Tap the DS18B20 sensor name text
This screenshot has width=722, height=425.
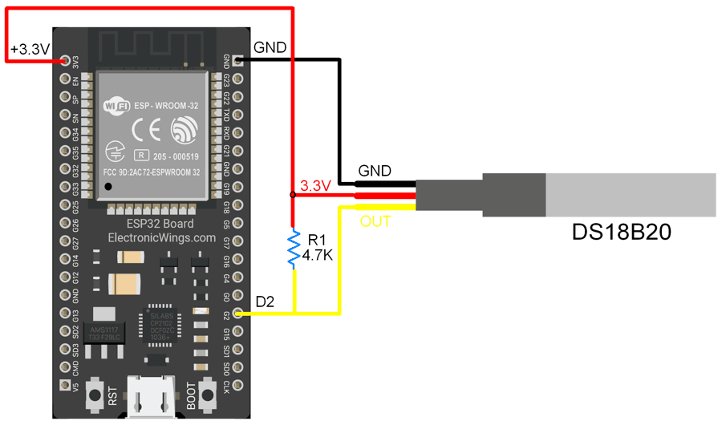pyautogui.click(x=621, y=233)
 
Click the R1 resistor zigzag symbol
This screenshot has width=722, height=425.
pyautogui.click(x=294, y=249)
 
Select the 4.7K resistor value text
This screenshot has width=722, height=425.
pyautogui.click(x=317, y=257)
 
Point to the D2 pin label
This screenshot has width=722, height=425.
pyautogui.click(x=265, y=302)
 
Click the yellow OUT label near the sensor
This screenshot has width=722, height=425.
pyautogui.click(x=375, y=221)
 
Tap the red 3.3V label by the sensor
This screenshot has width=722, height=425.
pyautogui.click(x=315, y=186)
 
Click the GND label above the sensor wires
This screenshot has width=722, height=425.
pyautogui.click(x=375, y=171)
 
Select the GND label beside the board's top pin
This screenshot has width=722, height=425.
pyautogui.click(x=270, y=47)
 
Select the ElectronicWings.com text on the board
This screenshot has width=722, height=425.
pyautogui.click(x=162, y=238)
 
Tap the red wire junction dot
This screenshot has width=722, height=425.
pyautogui.click(x=293, y=194)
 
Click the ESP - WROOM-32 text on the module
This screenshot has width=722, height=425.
pyautogui.click(x=166, y=105)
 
